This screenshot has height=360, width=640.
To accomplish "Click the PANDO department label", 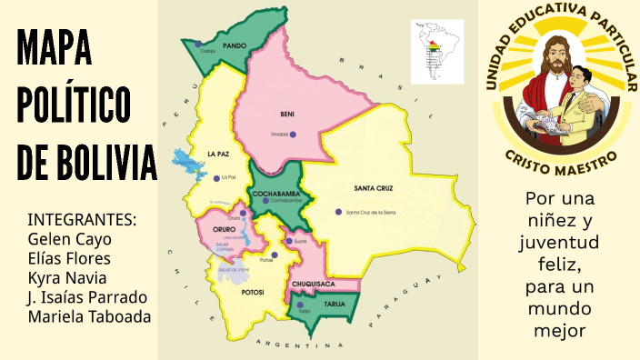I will [235, 45].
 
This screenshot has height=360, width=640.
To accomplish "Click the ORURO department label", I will [224, 230].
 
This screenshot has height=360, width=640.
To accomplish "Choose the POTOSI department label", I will [253, 292].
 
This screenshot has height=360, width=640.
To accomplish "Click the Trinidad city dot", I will [293, 135].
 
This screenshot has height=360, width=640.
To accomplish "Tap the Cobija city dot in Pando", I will [198, 44].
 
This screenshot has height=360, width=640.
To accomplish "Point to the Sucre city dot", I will [288, 241].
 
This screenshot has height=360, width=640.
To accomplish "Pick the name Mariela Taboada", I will [89, 316].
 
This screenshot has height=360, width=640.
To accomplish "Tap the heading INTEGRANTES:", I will [82, 220].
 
